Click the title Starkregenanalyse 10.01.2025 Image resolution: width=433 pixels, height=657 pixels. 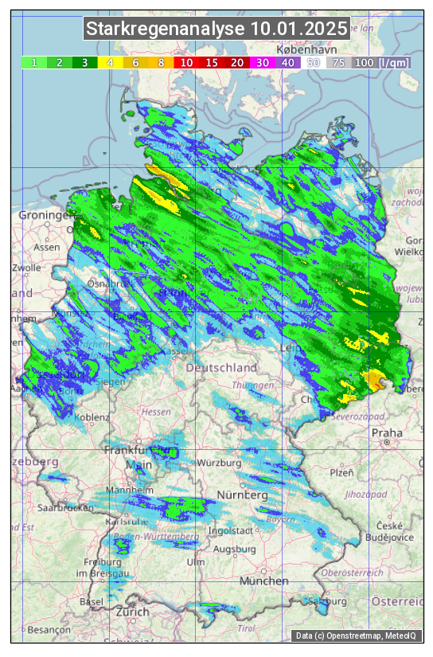tap(216, 29)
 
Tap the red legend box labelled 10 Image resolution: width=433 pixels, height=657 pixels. tap(186, 62)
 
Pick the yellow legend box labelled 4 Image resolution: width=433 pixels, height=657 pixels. tap(110, 62)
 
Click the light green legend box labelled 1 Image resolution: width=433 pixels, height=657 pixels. tap(34, 62)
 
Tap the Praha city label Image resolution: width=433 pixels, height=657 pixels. tap(387, 432)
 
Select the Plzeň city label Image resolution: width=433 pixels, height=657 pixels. tap(341, 472)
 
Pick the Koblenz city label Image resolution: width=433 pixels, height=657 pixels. tap(92, 417)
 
